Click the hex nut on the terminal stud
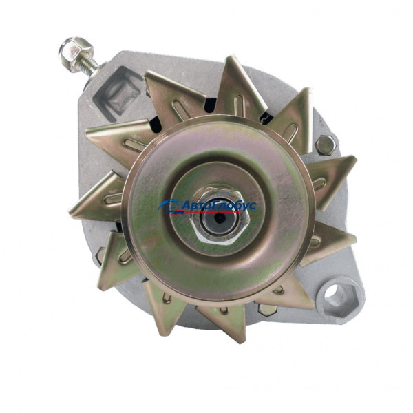(75, 54)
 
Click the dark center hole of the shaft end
(218, 218)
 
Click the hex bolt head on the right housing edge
(326, 145)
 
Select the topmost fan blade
(238, 87)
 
